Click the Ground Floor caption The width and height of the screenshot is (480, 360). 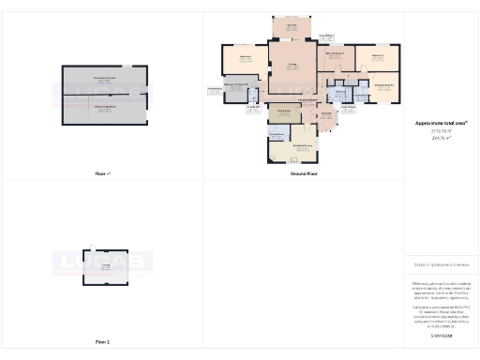tap(303, 174)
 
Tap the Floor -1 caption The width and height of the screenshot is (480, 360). tap(103, 174)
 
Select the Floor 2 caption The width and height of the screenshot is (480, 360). tap(103, 342)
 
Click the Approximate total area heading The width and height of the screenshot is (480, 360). tap(441, 123)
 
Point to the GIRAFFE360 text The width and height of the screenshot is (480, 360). tap(441, 334)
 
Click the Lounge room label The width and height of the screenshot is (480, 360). tap(292, 65)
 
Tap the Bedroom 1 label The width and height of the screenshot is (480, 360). tap(246, 58)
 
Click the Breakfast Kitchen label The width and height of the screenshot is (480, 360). tap(303, 144)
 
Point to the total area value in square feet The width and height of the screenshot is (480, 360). tap(441, 131)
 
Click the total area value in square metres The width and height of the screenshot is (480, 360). tap(441, 138)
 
